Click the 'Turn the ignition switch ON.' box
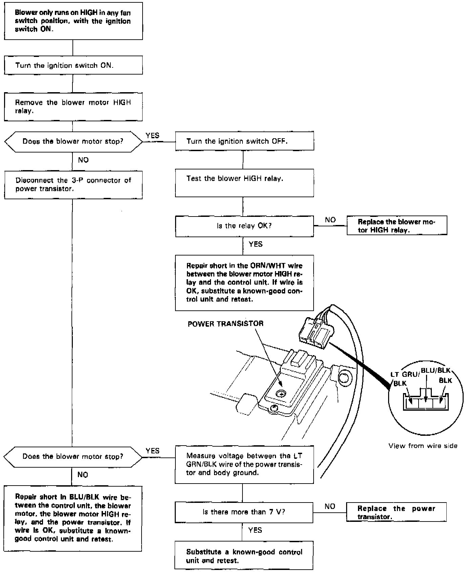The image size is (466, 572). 73,65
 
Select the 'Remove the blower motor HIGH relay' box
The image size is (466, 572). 73,107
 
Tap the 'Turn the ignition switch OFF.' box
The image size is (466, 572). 245,141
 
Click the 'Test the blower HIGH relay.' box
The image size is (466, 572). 245,183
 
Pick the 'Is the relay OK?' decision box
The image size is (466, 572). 245,226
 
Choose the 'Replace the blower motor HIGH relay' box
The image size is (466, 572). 397,226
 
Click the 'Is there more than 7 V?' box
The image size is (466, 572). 244,512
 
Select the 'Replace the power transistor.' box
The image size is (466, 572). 396,512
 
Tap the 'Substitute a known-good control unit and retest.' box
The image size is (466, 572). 244,556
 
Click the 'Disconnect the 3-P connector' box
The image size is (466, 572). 73,185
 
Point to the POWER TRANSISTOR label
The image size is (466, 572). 226,324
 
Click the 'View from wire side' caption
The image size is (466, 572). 423,446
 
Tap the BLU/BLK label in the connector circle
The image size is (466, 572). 436,370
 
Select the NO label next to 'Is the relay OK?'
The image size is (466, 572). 330,220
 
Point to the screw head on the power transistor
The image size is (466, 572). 281,393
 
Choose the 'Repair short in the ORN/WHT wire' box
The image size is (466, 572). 245,283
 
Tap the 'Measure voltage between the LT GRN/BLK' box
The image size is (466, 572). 244,464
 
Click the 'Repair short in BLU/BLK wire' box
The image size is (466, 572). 73,518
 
